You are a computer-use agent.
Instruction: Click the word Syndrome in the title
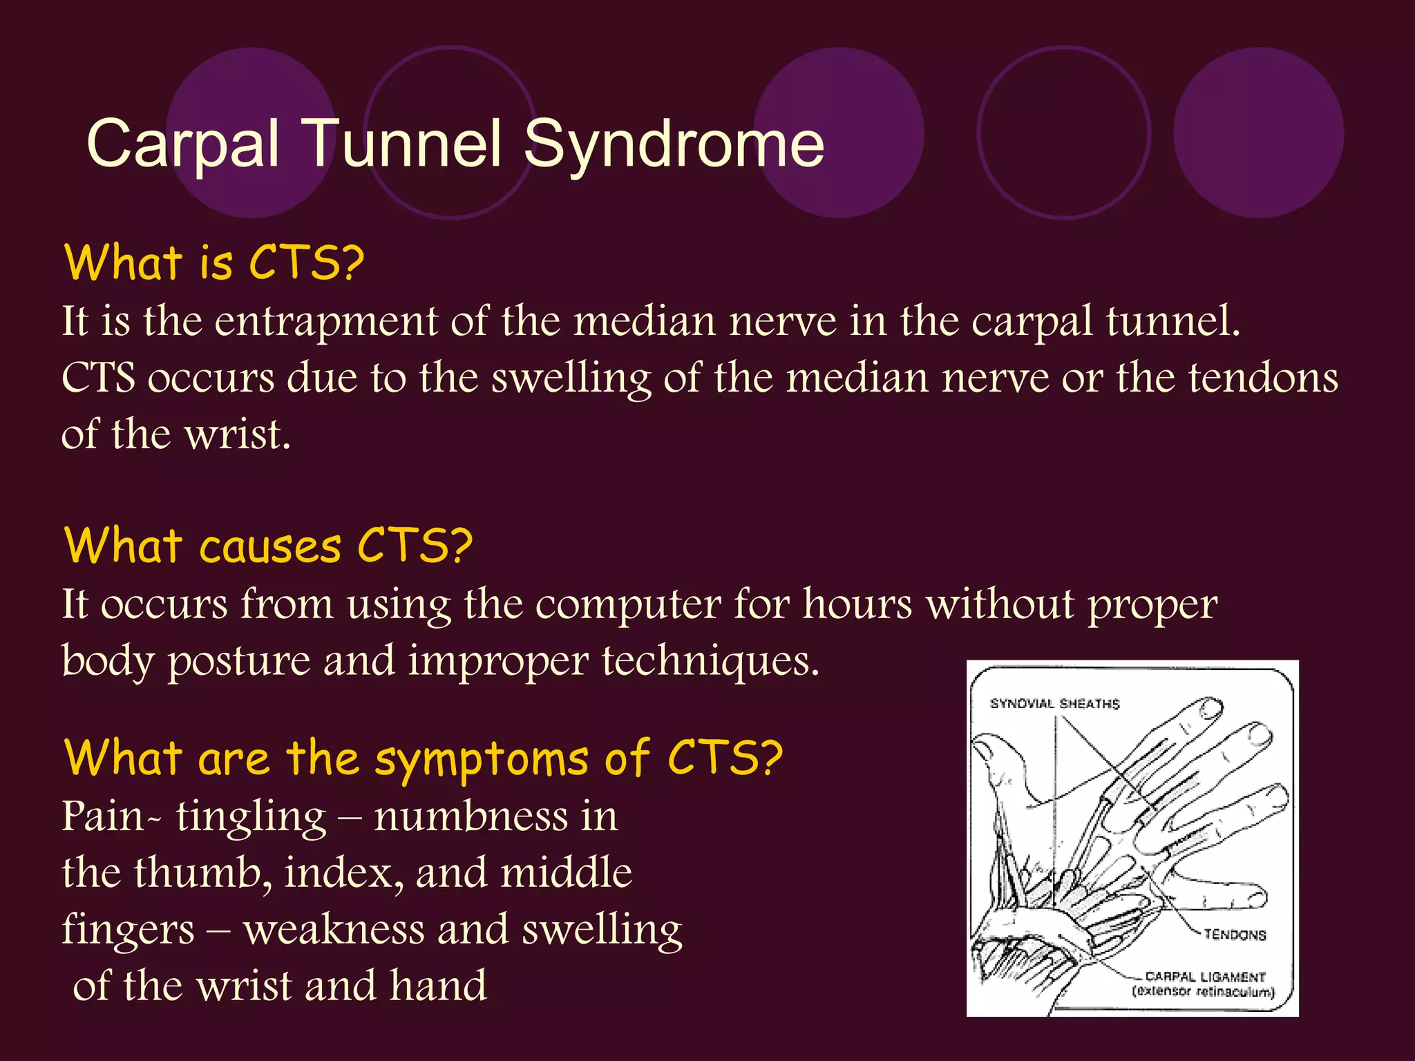pos(674,144)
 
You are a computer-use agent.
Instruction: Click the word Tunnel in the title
pos(403,144)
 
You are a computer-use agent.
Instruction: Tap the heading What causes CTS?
pos(268,546)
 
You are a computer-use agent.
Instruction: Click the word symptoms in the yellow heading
pos(481,758)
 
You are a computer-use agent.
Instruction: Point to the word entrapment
pos(325,322)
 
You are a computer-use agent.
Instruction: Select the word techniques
pos(710,661)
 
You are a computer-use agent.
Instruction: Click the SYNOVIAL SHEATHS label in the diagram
pos(1054,704)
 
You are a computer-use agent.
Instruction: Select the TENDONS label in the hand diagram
pos(1235,935)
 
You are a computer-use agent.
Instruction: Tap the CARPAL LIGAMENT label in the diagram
pos(1205,977)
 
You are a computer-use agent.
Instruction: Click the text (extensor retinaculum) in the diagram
pos(1203,993)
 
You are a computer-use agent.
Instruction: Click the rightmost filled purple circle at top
pos(1258,133)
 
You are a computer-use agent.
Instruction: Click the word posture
pos(239,661)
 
